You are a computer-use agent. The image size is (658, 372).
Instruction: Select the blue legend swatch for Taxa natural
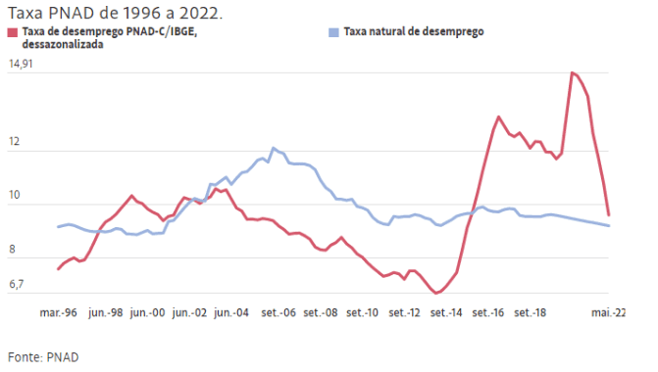tap(334, 32)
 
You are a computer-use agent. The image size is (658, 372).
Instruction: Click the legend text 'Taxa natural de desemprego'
tap(413, 32)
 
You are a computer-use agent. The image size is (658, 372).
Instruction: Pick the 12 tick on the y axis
tap(14, 144)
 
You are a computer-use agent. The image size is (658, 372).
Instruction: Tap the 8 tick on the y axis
tap(11, 251)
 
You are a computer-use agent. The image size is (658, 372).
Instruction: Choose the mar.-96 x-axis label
tap(59, 312)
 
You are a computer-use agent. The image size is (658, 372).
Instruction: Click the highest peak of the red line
tap(572, 72)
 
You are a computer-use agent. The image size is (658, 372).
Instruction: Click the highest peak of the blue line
tap(273, 148)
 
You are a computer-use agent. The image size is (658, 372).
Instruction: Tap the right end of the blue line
tap(610, 226)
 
